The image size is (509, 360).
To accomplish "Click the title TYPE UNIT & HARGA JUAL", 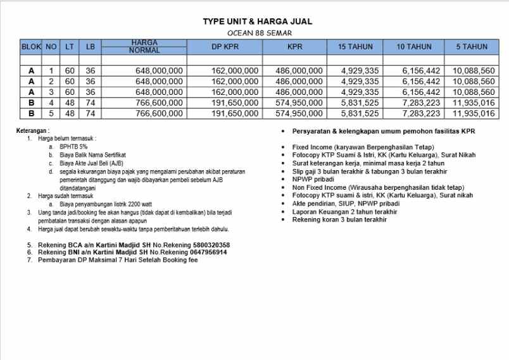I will click(257, 22).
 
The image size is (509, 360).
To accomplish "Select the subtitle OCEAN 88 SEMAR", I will click(257, 33).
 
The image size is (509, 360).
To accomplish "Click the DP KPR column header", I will click(225, 46).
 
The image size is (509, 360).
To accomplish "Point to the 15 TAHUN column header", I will click(355, 46).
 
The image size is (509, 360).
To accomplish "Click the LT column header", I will click(70, 46).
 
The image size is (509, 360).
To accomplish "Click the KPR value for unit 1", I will click(299, 71).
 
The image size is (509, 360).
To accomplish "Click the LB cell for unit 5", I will click(91, 114).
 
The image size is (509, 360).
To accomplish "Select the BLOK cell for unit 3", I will click(30, 92).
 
